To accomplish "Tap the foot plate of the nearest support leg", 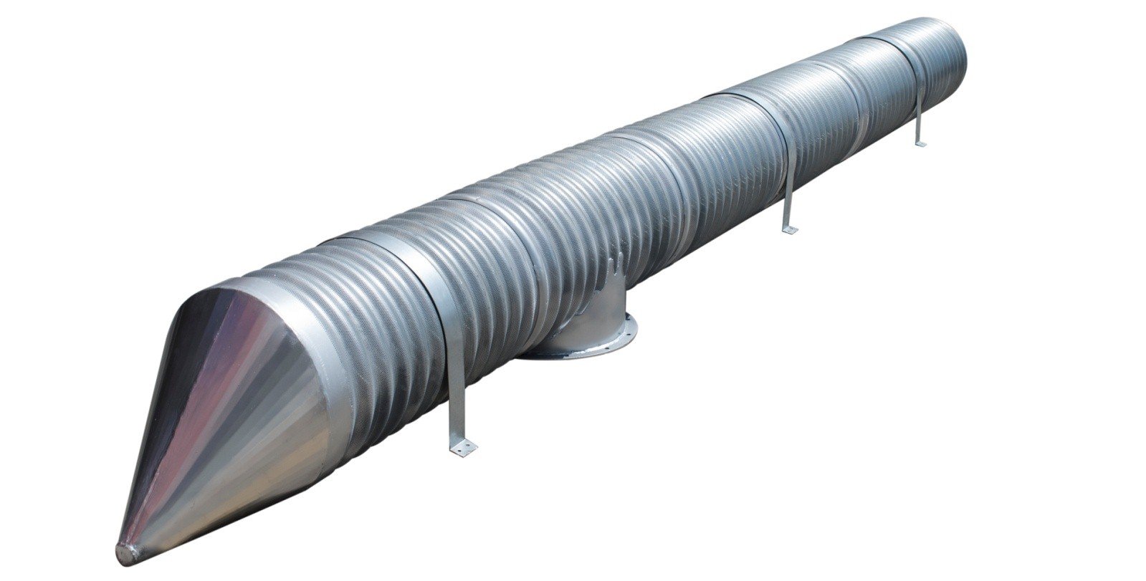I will point(462,448).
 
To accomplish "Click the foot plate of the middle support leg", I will point(789,229).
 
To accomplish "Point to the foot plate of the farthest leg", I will point(920,144).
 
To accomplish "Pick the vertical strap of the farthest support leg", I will point(917,115).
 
